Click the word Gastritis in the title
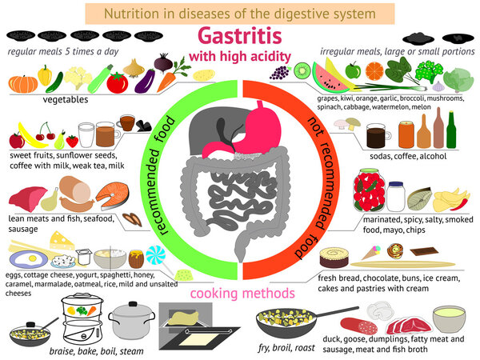[x=240, y=37]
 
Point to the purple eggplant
[x=146, y=81]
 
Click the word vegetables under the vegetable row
[x=66, y=101]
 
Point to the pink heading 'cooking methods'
[x=239, y=293]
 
